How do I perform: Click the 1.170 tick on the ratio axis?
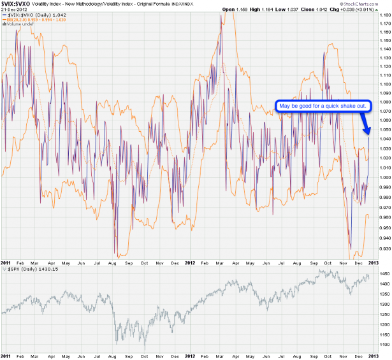click(x=383, y=24)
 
